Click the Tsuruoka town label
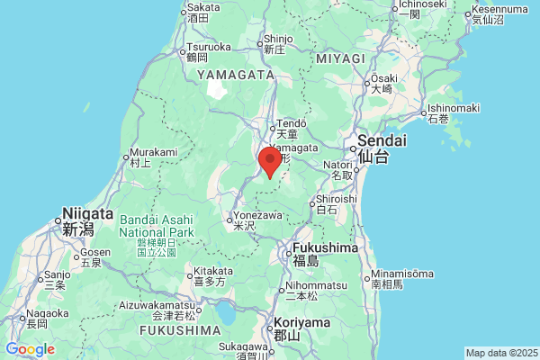point(209,48)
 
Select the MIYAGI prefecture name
point(340,58)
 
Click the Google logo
point(30,349)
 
